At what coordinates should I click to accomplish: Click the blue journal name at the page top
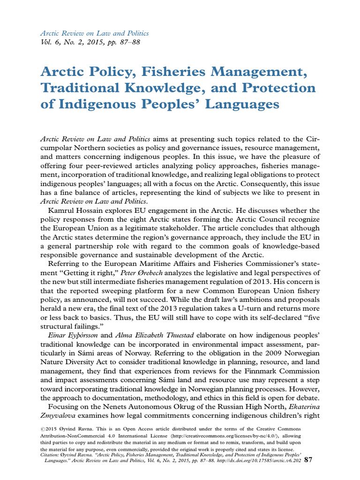(94, 33)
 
